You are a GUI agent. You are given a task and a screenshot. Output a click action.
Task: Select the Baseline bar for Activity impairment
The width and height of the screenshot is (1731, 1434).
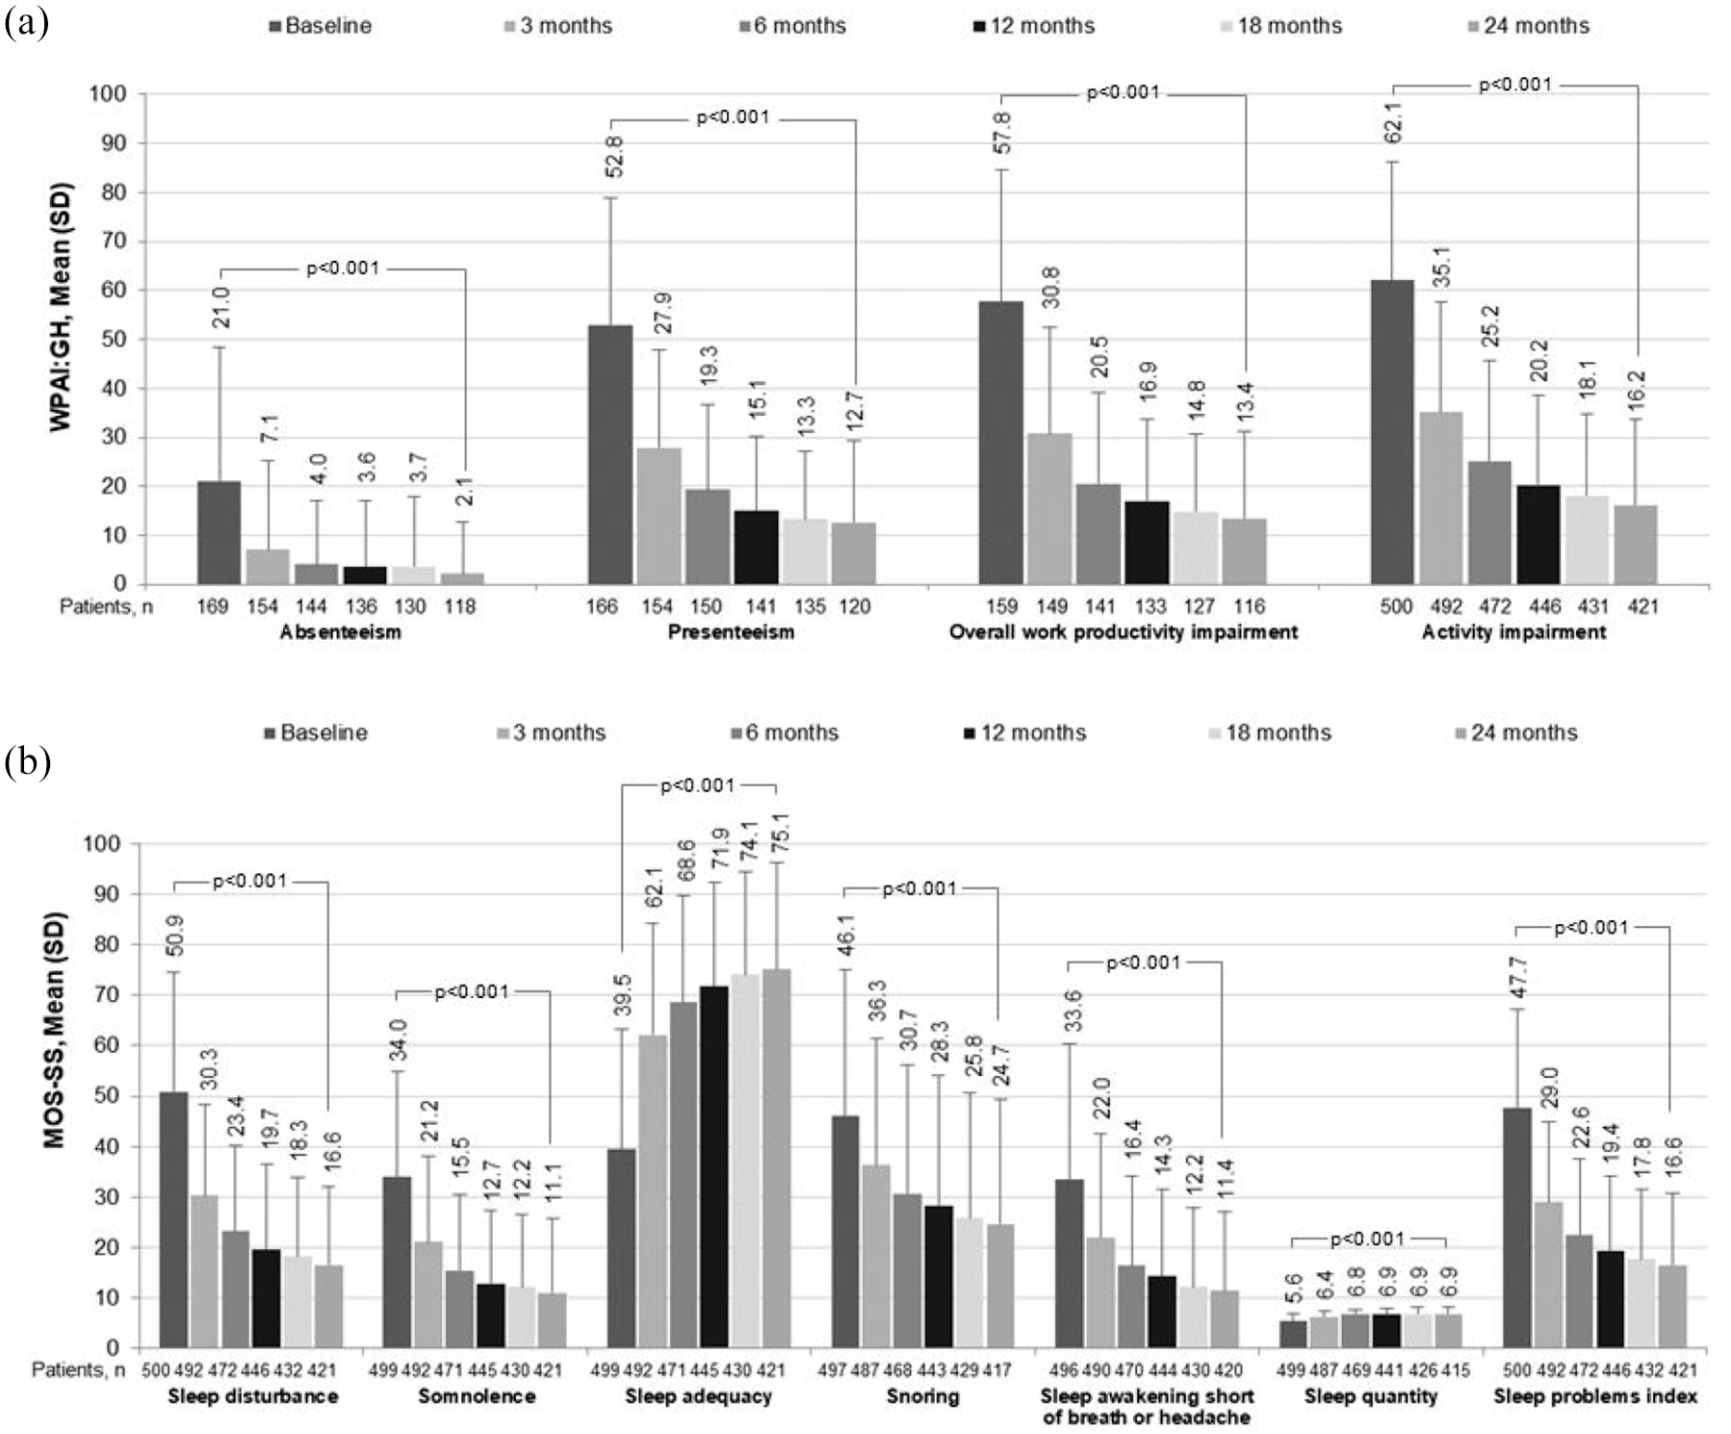click(x=1392, y=432)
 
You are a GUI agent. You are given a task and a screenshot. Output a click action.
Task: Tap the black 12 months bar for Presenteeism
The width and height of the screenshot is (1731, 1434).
click(x=756, y=547)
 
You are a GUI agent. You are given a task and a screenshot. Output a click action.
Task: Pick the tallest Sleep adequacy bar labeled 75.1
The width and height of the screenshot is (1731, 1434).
click(x=776, y=1158)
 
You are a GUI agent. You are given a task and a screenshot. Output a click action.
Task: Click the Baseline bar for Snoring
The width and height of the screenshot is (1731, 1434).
click(x=845, y=1232)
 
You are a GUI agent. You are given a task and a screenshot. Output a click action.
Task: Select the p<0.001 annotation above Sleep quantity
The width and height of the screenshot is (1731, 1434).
click(x=1368, y=1239)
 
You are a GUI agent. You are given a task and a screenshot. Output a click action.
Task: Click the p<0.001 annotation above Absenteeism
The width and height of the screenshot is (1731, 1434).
click(x=343, y=269)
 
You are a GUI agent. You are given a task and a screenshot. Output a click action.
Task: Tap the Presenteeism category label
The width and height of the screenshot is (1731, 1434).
click(x=731, y=632)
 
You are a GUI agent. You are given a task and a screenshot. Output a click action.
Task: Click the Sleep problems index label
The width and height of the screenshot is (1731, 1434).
click(x=1594, y=1396)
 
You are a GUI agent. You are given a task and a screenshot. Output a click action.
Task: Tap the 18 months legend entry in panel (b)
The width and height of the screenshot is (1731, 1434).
click(x=1271, y=733)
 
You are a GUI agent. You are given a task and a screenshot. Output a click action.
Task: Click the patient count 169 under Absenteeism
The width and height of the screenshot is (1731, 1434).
click(x=214, y=606)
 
